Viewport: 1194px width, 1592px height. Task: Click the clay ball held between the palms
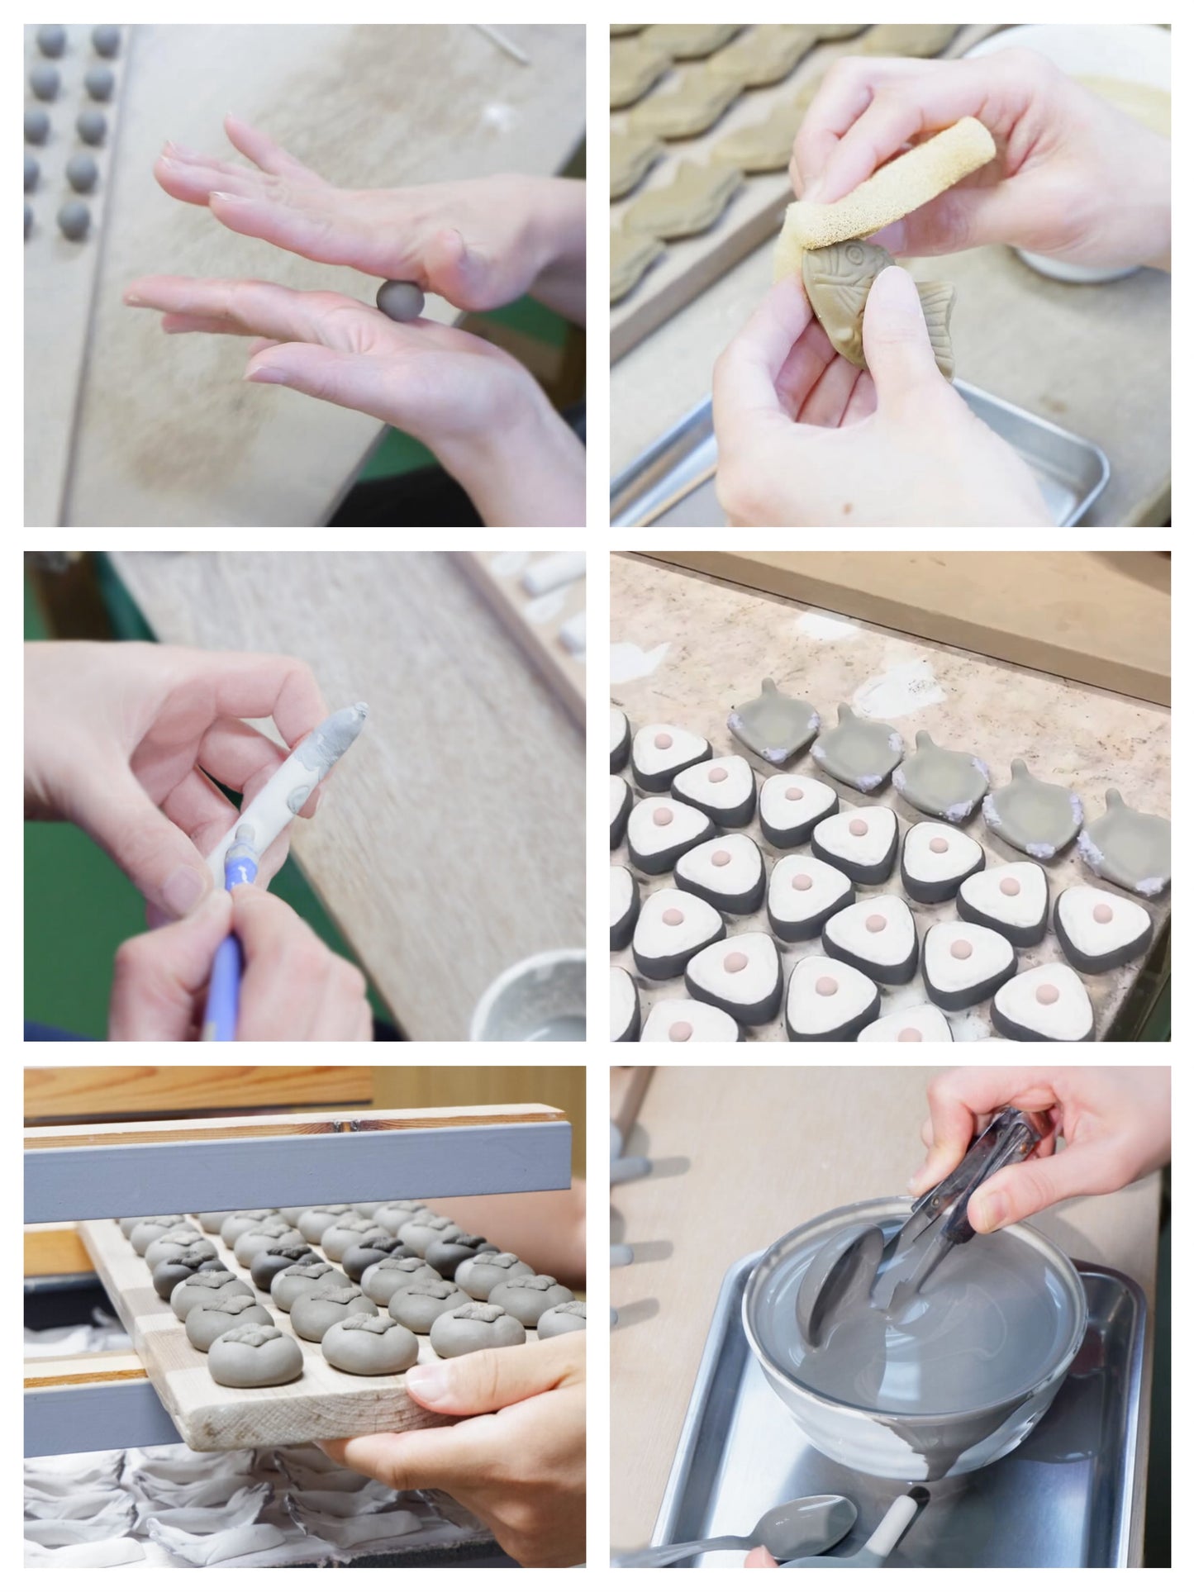point(394,296)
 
